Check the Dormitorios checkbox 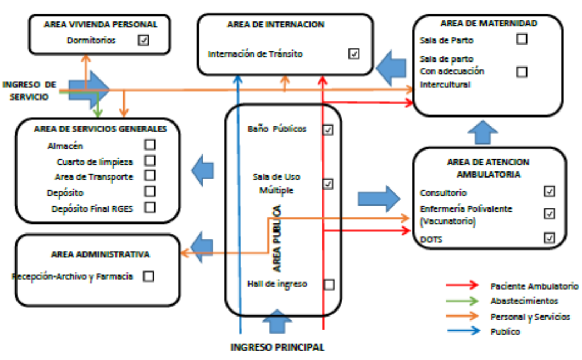[x=144, y=40]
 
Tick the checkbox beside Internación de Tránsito [x=354, y=54]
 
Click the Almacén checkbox [x=149, y=145]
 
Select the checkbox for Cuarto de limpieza [x=149, y=160]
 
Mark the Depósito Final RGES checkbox [x=149, y=207]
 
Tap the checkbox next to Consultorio [x=548, y=191]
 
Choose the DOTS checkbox [x=548, y=238]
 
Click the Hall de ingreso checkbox [x=329, y=285]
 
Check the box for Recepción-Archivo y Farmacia [x=148, y=276]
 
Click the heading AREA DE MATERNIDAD [x=489, y=23]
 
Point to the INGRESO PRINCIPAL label [x=277, y=347]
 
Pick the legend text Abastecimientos [x=524, y=301]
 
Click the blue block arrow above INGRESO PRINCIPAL [x=277, y=320]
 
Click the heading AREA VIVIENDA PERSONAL [x=100, y=24]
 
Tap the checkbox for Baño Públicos [x=328, y=130]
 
